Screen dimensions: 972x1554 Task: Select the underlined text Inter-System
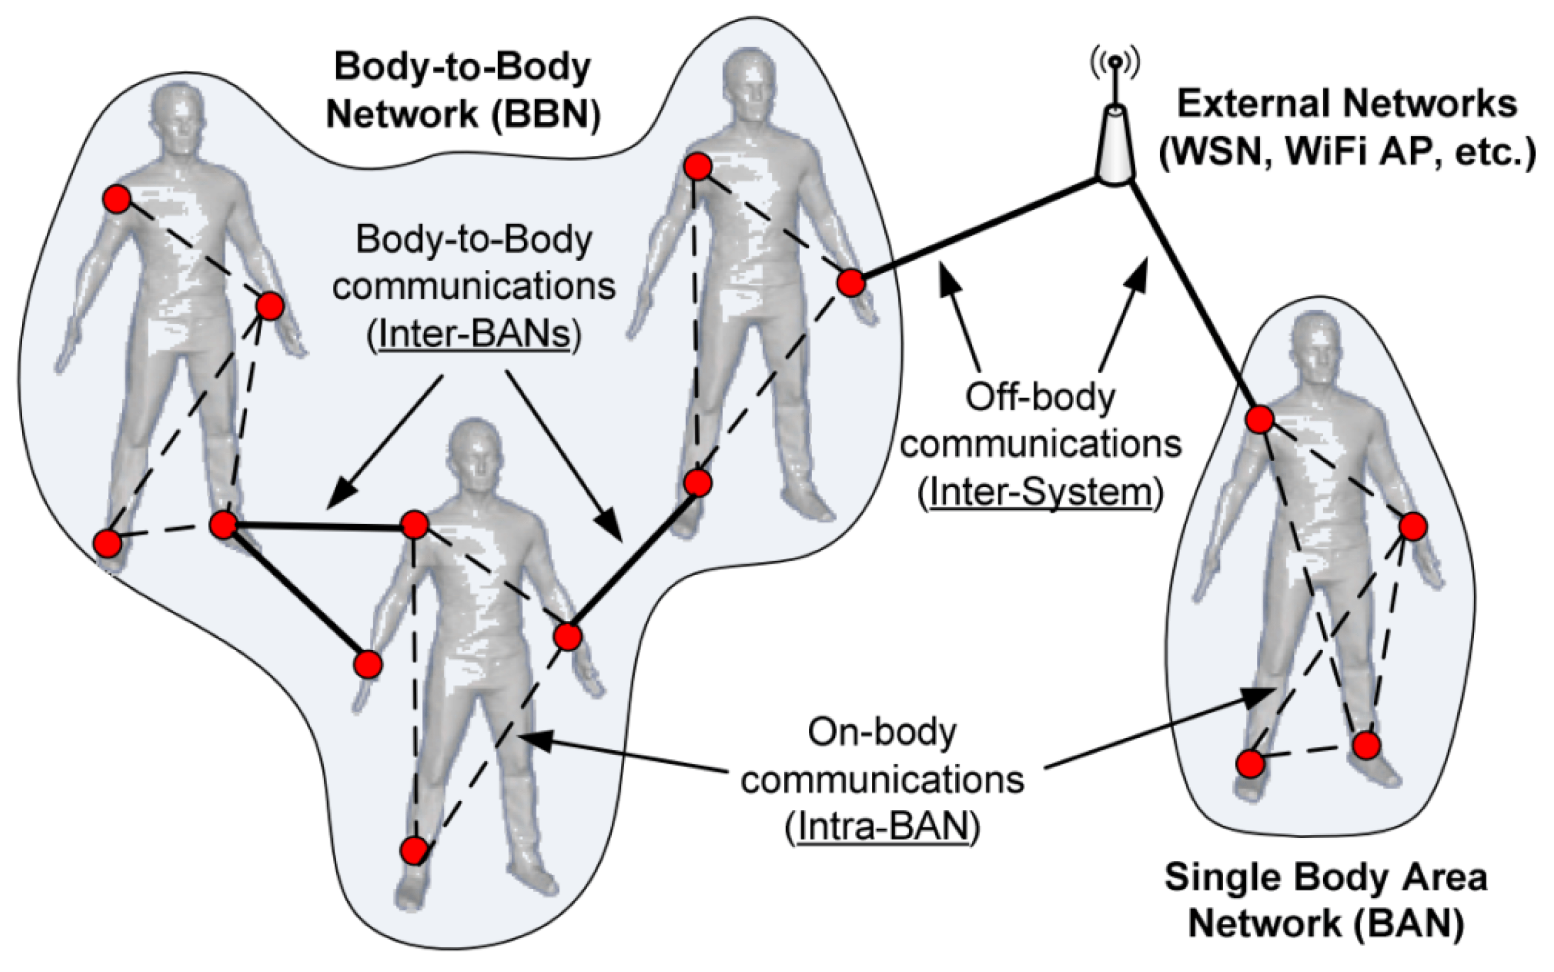1040,492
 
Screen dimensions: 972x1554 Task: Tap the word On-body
882,732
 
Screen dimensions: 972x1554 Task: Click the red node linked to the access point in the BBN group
850,283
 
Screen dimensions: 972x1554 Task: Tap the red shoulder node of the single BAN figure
1259,419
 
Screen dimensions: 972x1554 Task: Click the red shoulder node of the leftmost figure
118,200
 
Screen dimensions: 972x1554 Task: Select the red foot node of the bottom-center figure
414,850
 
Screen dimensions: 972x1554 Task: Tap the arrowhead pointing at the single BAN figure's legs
1258,697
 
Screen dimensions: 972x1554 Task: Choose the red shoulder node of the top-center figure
698,167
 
